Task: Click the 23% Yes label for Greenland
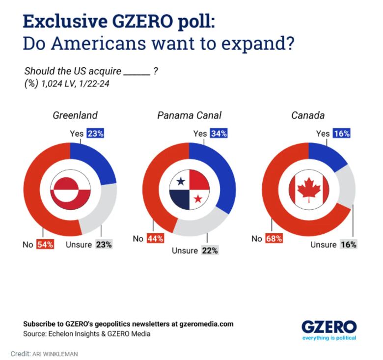pos(95,133)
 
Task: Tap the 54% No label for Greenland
pos(45,244)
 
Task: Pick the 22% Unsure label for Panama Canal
pos(209,250)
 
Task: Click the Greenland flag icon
pos(70,190)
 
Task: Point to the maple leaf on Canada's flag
pos(308,190)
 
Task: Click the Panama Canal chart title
pos(189,115)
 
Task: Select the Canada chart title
pos(308,115)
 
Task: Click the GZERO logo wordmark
pos(328,326)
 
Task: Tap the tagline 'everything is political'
pos(328,337)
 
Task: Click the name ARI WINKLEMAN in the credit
pos(55,354)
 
